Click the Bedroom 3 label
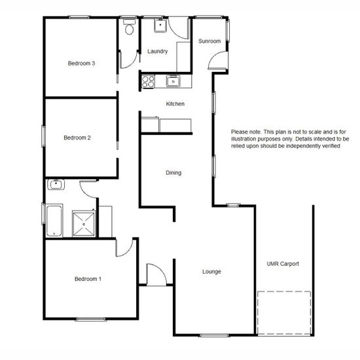click(x=82, y=63)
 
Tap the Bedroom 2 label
click(x=77, y=137)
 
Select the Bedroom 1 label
click(x=88, y=279)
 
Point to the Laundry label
click(x=158, y=51)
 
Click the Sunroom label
click(x=209, y=41)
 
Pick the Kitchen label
click(x=175, y=104)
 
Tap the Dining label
click(x=173, y=173)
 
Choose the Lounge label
click(x=211, y=272)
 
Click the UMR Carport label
click(x=283, y=264)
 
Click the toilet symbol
click(x=129, y=27)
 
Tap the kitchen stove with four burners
click(x=148, y=82)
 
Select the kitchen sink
click(x=173, y=81)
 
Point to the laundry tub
click(x=160, y=26)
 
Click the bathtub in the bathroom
click(x=54, y=221)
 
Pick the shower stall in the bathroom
click(x=84, y=223)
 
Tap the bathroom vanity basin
click(x=56, y=185)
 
